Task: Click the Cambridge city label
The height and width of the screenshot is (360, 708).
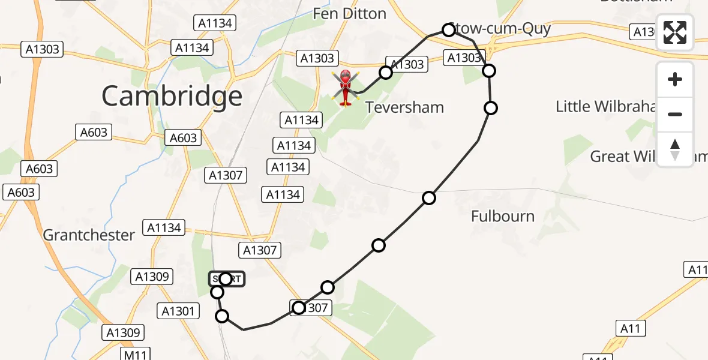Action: [x=172, y=96]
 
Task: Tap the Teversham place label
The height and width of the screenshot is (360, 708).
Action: [x=404, y=107]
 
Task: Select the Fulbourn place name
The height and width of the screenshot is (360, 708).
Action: [x=503, y=216]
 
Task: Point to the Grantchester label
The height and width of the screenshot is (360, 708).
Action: [x=89, y=235]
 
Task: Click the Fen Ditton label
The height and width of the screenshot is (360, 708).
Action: [x=349, y=13]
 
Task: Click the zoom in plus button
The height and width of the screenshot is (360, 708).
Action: [x=675, y=79]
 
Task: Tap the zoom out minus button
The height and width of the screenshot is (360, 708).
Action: [x=675, y=114]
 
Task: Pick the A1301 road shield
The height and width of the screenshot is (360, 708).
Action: [x=178, y=311]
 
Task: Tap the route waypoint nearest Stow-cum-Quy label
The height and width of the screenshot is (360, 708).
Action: [x=448, y=30]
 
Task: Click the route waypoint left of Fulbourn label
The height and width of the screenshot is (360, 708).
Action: [x=428, y=198]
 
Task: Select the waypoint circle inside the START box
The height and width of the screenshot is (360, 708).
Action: [x=226, y=279]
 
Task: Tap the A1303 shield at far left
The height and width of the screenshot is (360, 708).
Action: [x=42, y=49]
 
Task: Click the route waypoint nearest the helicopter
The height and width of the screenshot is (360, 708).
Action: [x=386, y=73]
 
